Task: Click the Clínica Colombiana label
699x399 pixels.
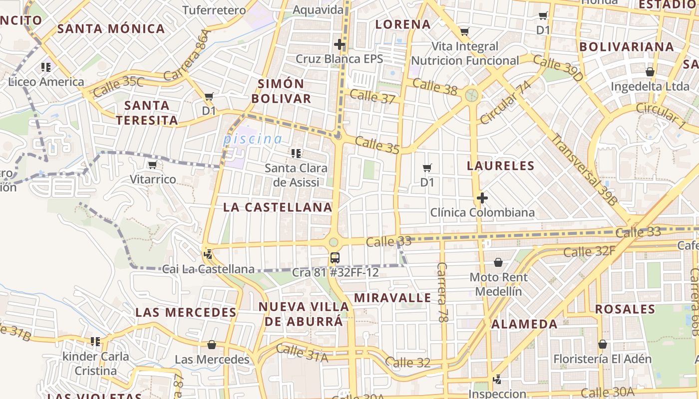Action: (x=482, y=212)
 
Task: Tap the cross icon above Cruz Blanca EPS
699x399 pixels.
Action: (x=340, y=44)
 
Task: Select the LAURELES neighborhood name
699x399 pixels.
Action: (x=500, y=166)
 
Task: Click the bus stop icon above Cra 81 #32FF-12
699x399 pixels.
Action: (x=335, y=258)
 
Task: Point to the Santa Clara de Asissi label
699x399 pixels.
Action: (x=296, y=175)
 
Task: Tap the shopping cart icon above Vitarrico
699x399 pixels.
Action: (x=152, y=165)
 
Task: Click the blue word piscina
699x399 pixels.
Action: (x=252, y=139)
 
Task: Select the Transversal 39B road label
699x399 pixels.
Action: (x=584, y=170)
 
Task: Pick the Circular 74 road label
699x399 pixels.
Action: (x=505, y=102)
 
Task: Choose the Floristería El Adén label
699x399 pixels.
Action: (x=602, y=359)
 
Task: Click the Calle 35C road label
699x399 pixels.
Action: (x=118, y=86)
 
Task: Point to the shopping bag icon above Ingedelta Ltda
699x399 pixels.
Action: (x=650, y=72)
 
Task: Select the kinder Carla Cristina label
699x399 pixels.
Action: (x=95, y=364)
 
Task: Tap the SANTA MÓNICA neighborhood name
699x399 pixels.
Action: (x=111, y=28)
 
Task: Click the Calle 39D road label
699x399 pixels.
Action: (x=558, y=69)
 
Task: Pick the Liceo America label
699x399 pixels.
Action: (x=46, y=82)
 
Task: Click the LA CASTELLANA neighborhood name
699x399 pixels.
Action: (x=278, y=207)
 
